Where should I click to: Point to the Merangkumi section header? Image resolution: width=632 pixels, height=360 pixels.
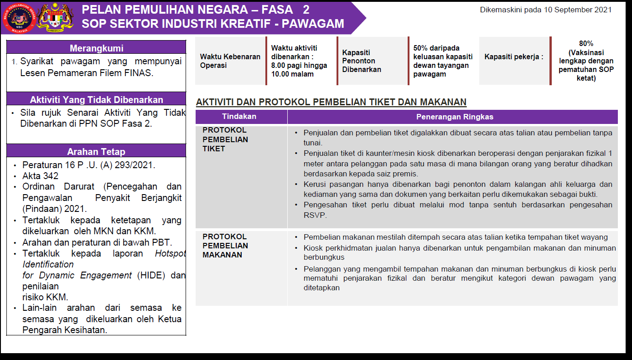[x=96, y=48]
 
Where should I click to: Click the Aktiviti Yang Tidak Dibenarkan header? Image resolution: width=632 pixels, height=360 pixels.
[x=96, y=100]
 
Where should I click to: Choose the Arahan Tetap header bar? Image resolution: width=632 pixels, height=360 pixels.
[x=96, y=152]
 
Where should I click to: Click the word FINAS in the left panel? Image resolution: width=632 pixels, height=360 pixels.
[x=137, y=73]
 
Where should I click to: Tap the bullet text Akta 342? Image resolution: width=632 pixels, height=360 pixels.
[x=41, y=176]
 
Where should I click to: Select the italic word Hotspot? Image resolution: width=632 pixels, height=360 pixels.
[x=170, y=253]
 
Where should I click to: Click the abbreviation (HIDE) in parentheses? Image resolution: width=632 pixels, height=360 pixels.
[x=151, y=275]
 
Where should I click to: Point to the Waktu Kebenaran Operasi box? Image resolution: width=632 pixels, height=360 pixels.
[x=230, y=61]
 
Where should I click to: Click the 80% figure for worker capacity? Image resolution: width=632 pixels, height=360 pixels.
[x=586, y=44]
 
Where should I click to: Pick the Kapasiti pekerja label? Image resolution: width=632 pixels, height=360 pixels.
[x=513, y=57]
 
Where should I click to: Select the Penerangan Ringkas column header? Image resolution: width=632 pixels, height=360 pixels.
[x=454, y=117]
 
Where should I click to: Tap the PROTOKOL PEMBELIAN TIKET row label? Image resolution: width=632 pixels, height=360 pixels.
[x=225, y=139]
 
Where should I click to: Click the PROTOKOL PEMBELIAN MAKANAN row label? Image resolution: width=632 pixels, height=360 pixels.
[x=225, y=246]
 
